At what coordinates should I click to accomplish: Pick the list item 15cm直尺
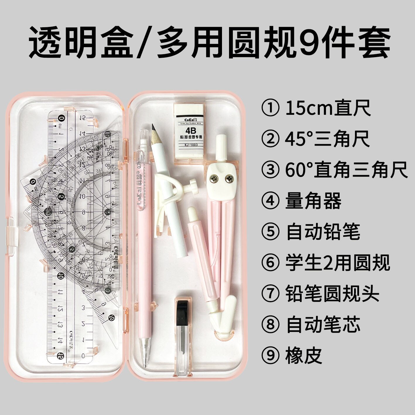pos(328,108)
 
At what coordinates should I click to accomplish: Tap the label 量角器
pos(313,201)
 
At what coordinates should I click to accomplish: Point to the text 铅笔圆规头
pos(332,294)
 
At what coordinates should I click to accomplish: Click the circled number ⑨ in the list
pos(269,356)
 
